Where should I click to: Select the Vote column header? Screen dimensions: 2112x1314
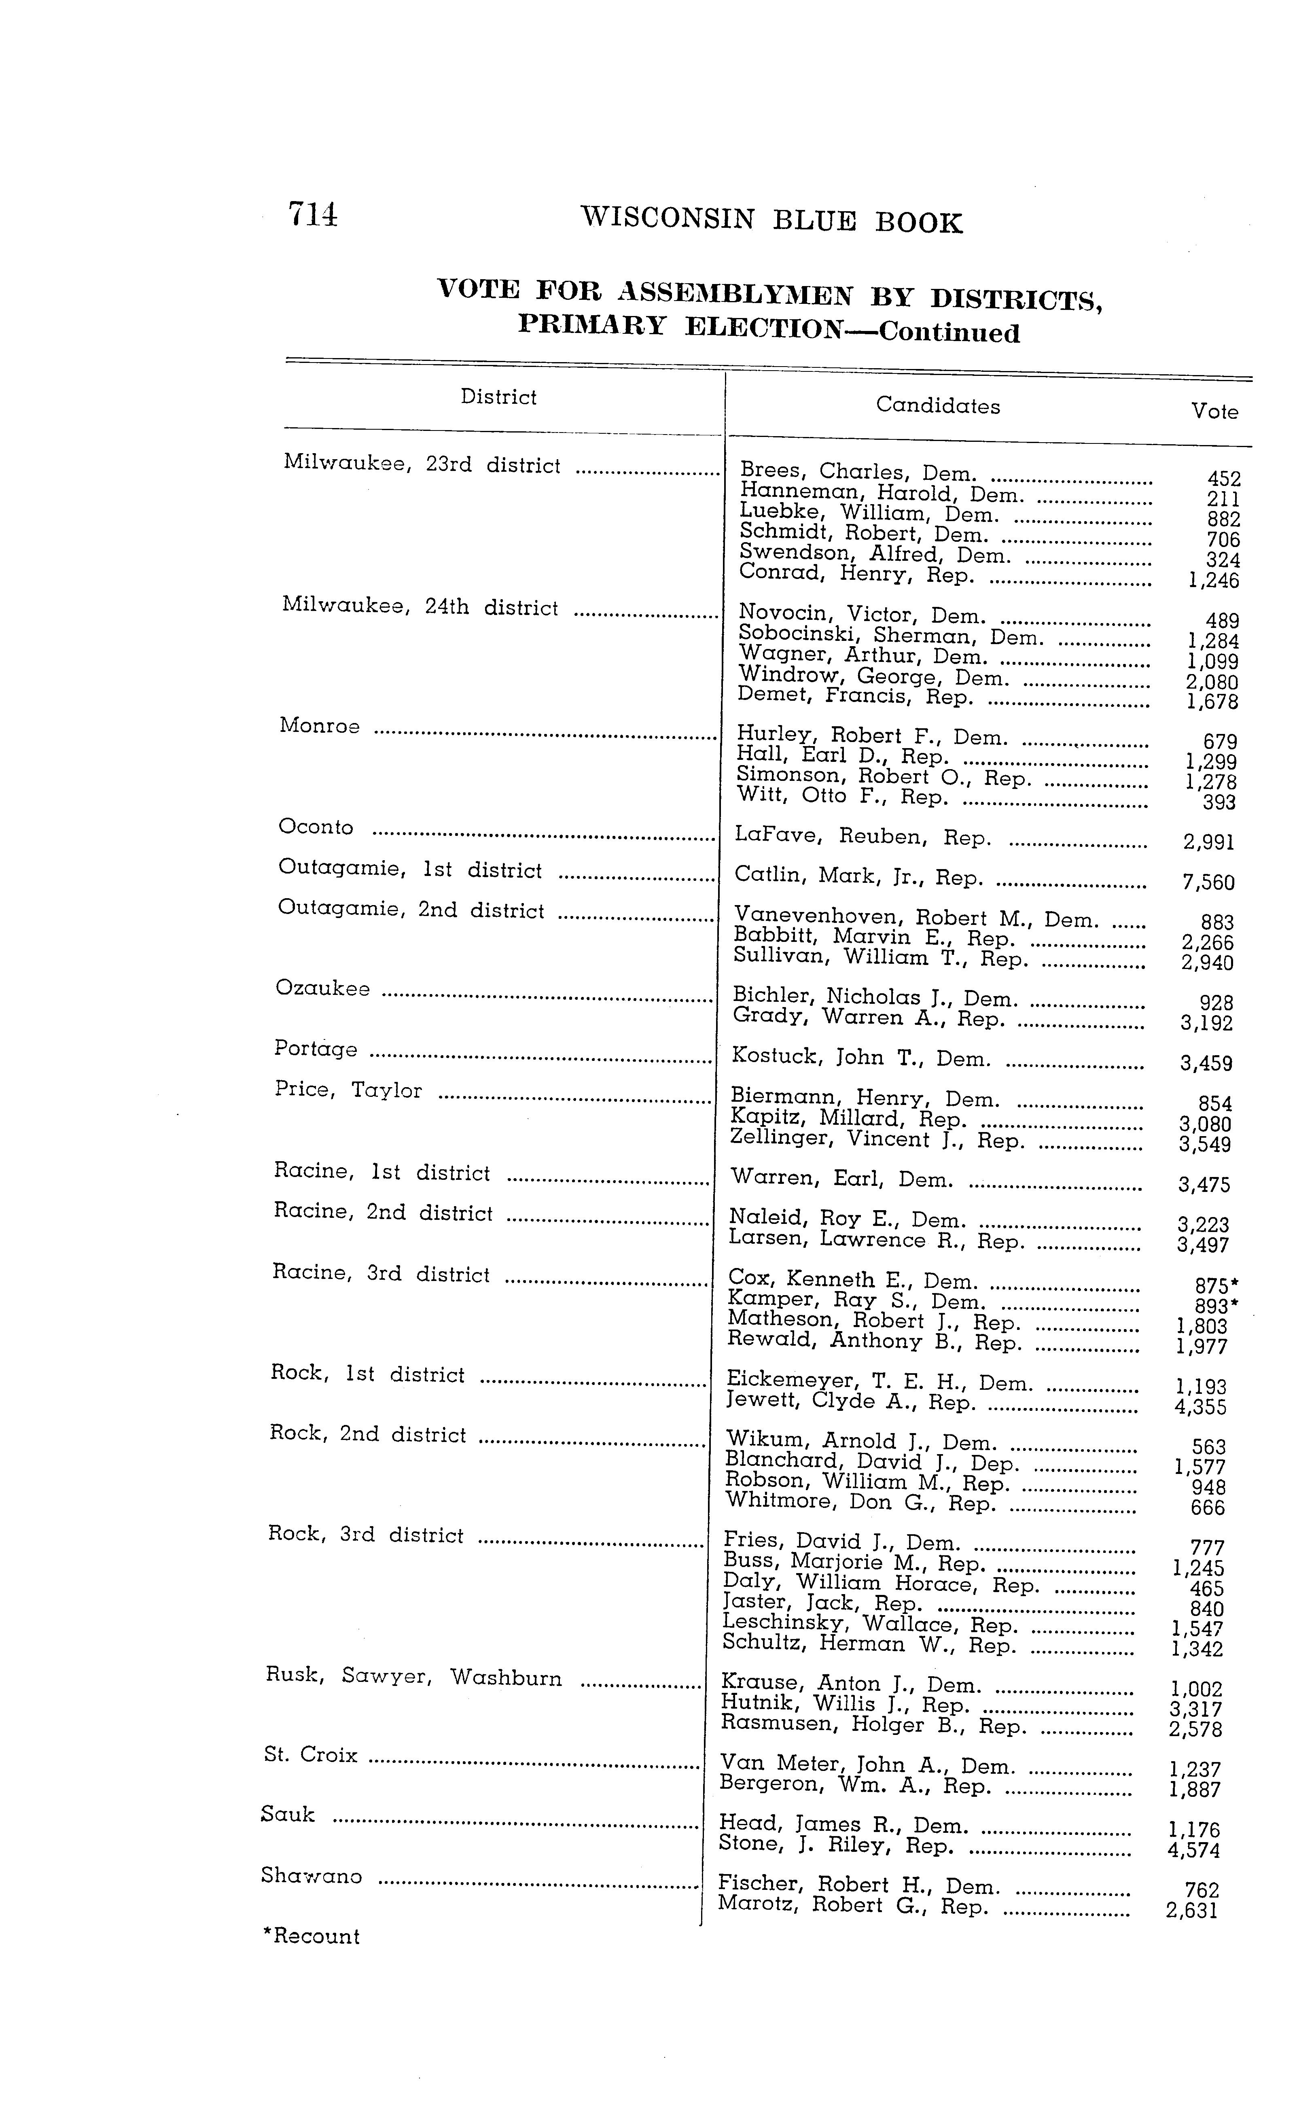[x=1214, y=412]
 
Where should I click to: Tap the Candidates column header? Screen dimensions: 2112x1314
[x=938, y=406]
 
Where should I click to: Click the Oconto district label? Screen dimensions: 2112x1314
[x=316, y=827]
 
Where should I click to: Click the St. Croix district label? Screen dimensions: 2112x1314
[x=310, y=1755]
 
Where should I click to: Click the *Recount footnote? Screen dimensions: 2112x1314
[x=311, y=1936]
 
